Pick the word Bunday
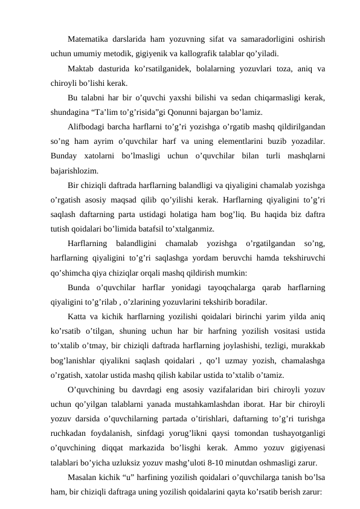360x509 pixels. click(66, 156)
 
